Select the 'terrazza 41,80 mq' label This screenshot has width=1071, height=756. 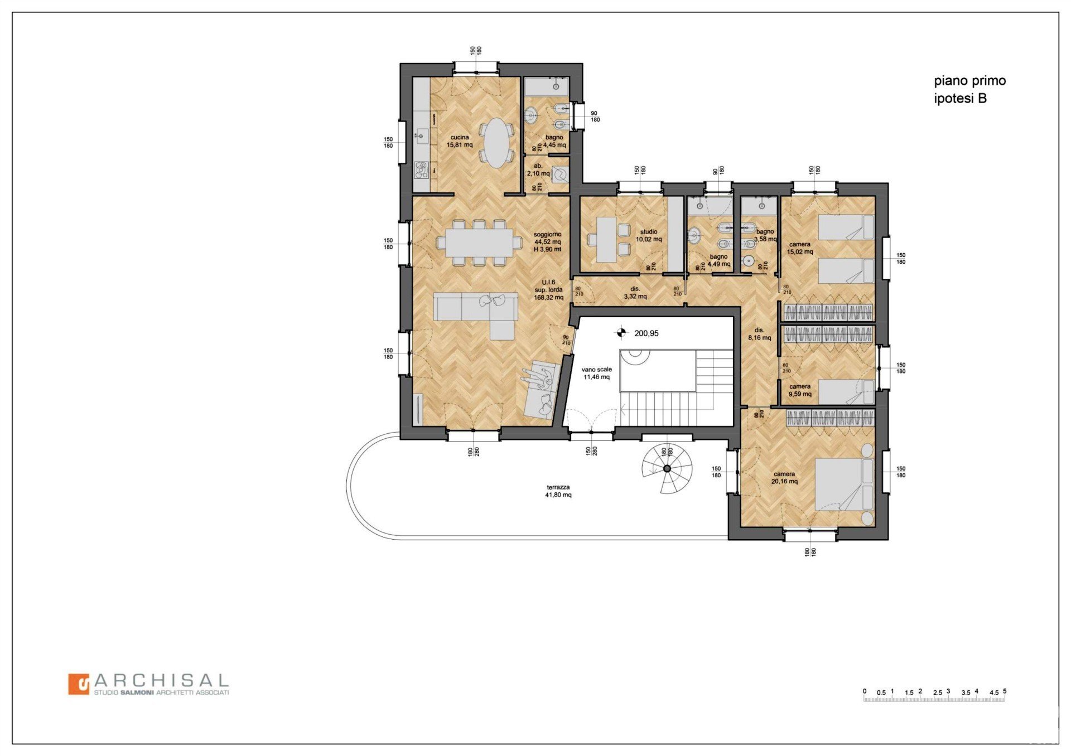tap(558, 491)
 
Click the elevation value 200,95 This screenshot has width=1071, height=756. tap(647, 333)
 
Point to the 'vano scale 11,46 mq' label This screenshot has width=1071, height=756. tap(597, 373)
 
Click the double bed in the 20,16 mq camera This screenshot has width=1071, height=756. tap(844, 484)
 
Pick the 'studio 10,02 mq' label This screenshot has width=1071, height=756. tap(649, 235)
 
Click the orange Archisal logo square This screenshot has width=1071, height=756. tap(79, 684)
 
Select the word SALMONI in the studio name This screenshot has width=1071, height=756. tap(137, 692)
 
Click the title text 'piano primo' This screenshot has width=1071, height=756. tap(970, 81)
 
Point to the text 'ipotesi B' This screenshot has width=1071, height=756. tap(960, 99)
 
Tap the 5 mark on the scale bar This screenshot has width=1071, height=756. tap(1005, 691)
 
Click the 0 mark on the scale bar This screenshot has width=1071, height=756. tap(865, 691)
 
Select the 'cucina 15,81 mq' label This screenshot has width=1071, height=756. tap(460, 141)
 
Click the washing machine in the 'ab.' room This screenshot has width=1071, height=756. tap(560, 175)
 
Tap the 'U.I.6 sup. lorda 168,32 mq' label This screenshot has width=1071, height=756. tap(549, 290)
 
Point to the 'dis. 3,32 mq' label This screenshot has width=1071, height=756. tap(635, 293)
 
